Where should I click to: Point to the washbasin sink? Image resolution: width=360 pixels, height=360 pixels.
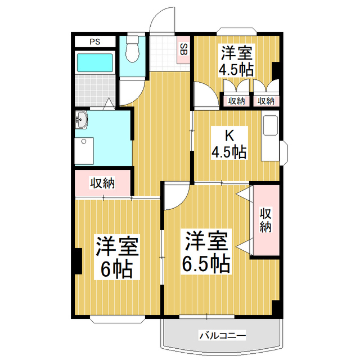click(x=82, y=119)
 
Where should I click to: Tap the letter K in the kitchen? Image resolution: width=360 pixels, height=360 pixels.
click(x=228, y=135)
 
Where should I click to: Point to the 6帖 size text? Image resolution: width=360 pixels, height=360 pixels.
click(x=116, y=271)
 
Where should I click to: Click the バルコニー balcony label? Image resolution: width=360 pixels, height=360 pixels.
click(x=222, y=336)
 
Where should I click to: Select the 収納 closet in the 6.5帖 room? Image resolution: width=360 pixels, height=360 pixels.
click(x=265, y=220)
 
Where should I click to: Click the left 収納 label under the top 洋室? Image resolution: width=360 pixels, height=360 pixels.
click(x=236, y=101)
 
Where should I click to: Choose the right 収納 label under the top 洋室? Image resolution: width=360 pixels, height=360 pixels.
click(x=265, y=101)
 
